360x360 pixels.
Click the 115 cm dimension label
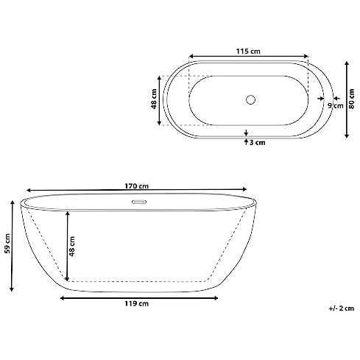(x=248, y=52)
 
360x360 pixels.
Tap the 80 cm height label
(x=352, y=99)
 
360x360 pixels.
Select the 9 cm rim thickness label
(x=336, y=106)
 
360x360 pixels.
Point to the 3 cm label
(x=258, y=143)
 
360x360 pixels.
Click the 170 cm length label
(x=136, y=186)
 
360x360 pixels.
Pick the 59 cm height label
(x=7, y=243)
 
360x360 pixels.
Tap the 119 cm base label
(x=136, y=304)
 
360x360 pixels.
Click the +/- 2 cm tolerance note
(x=342, y=308)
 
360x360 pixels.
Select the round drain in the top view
(x=250, y=99)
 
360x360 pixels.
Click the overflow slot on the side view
(x=139, y=202)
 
